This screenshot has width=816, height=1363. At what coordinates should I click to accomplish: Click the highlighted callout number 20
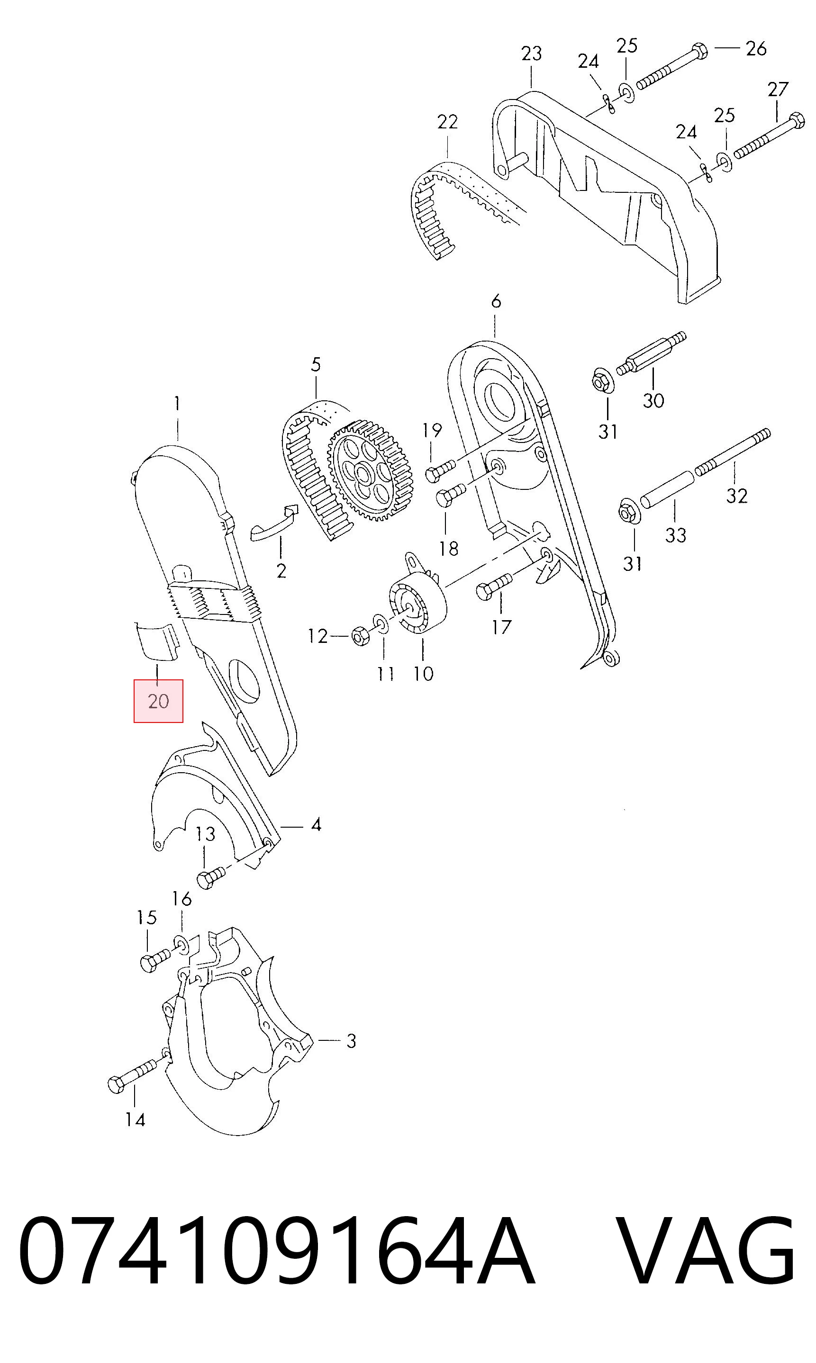pos(158,701)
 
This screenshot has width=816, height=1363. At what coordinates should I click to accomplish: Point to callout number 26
pos(756,48)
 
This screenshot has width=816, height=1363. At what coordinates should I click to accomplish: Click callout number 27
pos(778,89)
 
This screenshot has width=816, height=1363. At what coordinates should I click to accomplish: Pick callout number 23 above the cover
pos(532,54)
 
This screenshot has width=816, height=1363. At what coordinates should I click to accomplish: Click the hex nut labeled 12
pos(361,636)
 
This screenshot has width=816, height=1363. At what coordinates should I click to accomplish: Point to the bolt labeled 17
pos(494,585)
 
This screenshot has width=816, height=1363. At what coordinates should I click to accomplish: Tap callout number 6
pos(496,301)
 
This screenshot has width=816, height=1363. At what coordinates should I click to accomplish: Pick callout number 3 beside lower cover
pos(351,1041)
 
